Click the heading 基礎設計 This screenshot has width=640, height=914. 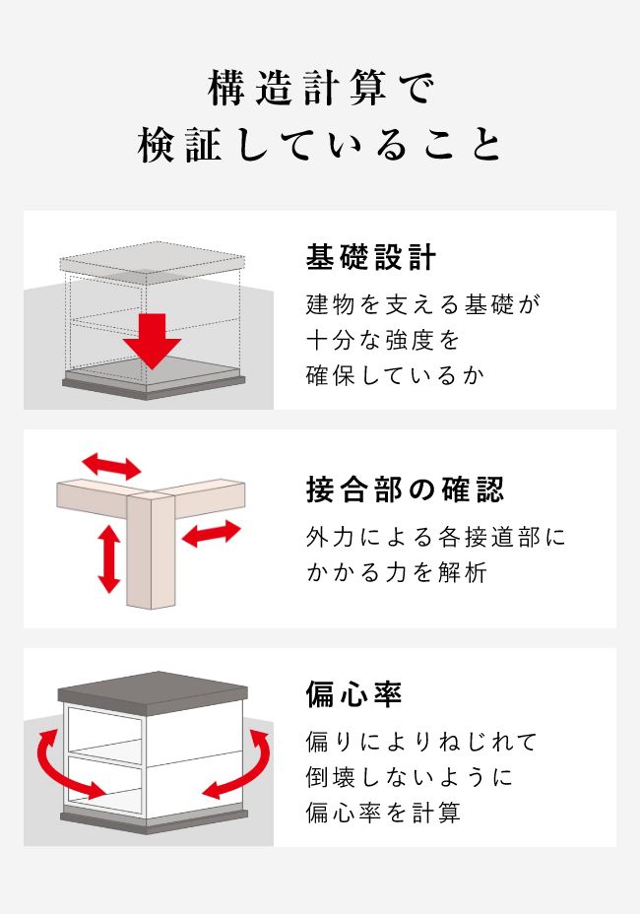(x=371, y=258)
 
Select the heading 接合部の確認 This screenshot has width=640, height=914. (x=405, y=489)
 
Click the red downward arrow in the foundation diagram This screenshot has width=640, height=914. (x=153, y=341)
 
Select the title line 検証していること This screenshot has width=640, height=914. (x=320, y=146)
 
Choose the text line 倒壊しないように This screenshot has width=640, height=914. (x=409, y=777)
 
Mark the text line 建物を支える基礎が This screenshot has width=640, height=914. (x=423, y=304)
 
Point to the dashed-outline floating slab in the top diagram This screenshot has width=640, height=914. (x=152, y=262)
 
